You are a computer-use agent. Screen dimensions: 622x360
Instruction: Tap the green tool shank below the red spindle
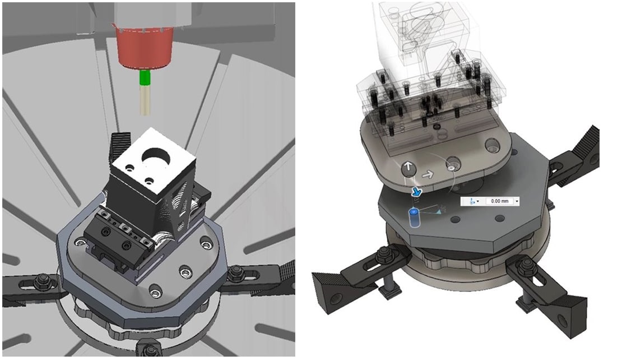click(x=145, y=79)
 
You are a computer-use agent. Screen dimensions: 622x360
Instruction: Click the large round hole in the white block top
click(x=158, y=156)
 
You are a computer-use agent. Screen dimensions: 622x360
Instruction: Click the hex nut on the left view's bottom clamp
click(x=151, y=349)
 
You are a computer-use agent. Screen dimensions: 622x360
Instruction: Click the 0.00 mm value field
click(x=499, y=201)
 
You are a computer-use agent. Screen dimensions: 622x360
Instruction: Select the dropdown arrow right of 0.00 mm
click(x=517, y=202)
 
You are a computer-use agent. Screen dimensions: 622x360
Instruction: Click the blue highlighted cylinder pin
click(x=414, y=218)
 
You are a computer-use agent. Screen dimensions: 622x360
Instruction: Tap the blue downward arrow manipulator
click(x=416, y=192)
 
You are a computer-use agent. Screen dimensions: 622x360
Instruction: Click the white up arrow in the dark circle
click(x=409, y=168)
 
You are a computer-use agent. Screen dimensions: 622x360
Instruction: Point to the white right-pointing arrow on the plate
click(x=428, y=174)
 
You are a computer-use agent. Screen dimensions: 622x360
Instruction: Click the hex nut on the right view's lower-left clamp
click(x=384, y=253)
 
